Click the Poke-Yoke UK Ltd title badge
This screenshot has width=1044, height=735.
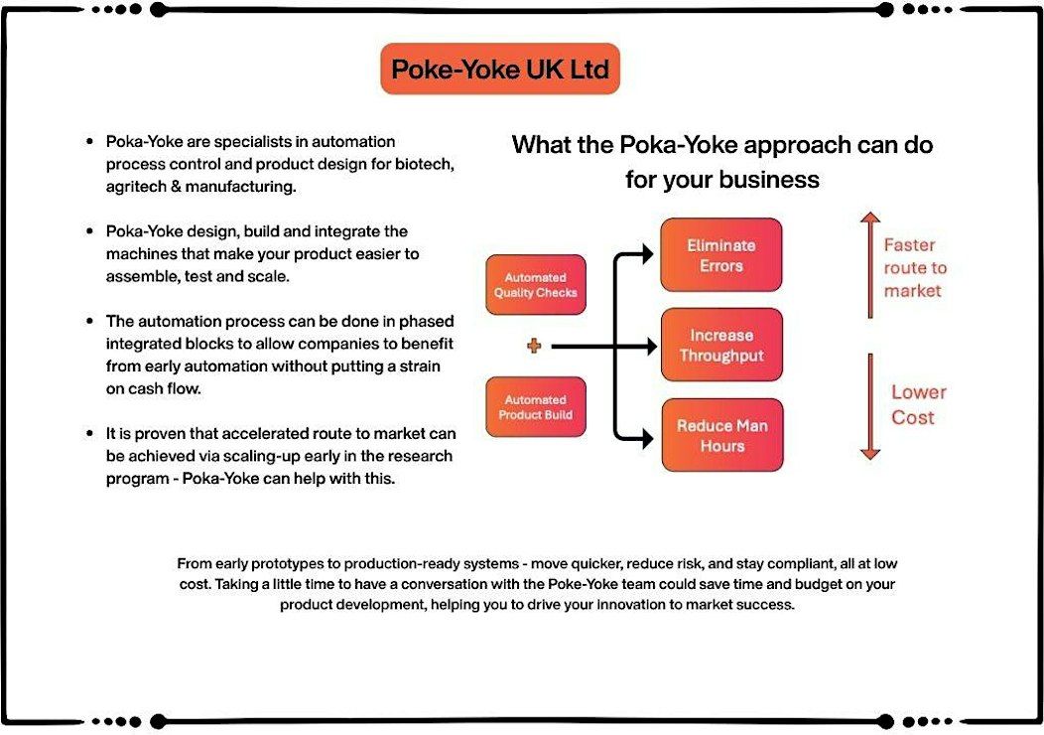click(x=500, y=69)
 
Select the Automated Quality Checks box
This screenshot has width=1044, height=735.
click(x=535, y=284)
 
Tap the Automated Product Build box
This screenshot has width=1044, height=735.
click(x=535, y=407)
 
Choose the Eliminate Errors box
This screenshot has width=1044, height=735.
click(x=721, y=254)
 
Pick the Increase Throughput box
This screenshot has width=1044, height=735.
click(x=721, y=345)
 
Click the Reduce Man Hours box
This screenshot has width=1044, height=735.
click(x=722, y=435)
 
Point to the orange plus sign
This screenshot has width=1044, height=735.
click(x=534, y=346)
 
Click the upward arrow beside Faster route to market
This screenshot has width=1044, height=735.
click(x=870, y=265)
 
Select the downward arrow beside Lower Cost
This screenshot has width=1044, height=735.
click(x=870, y=406)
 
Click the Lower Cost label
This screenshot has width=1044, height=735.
click(x=918, y=404)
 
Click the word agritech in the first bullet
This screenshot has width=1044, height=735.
click(x=136, y=187)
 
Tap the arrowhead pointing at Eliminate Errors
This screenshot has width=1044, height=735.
click(x=646, y=254)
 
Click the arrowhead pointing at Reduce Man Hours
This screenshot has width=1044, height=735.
click(x=646, y=438)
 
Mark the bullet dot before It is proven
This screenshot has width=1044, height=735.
click(x=90, y=433)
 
